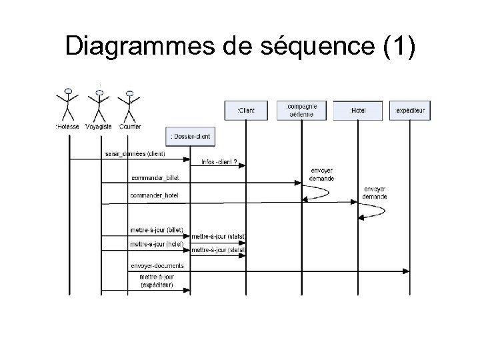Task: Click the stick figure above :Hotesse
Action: [x=67, y=104]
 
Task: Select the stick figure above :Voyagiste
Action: [x=99, y=104]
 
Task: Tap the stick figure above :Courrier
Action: [x=130, y=104]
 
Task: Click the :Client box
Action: [x=246, y=110]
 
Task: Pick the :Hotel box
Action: [x=358, y=110]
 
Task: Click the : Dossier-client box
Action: [x=190, y=137]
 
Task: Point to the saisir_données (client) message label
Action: [x=135, y=154]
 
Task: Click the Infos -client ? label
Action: [x=218, y=161]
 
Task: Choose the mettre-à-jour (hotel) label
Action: [x=156, y=244]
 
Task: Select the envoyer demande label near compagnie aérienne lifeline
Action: [x=322, y=174]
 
